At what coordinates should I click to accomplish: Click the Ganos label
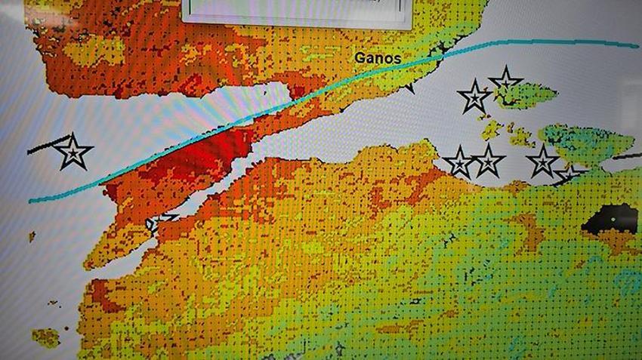(378, 57)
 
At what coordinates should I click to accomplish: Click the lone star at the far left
(73, 152)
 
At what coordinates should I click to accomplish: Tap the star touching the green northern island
(505, 81)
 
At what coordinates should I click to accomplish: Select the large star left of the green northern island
(474, 97)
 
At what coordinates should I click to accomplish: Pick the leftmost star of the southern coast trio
(458, 162)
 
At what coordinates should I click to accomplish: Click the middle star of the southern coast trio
(488, 161)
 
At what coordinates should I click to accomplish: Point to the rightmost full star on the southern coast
(542, 161)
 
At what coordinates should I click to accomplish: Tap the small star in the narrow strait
(160, 222)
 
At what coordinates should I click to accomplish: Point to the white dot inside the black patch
(613, 219)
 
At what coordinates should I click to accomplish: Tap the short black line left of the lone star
(42, 147)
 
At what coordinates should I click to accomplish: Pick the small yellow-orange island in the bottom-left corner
(45, 337)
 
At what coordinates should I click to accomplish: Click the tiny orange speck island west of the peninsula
(32, 237)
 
